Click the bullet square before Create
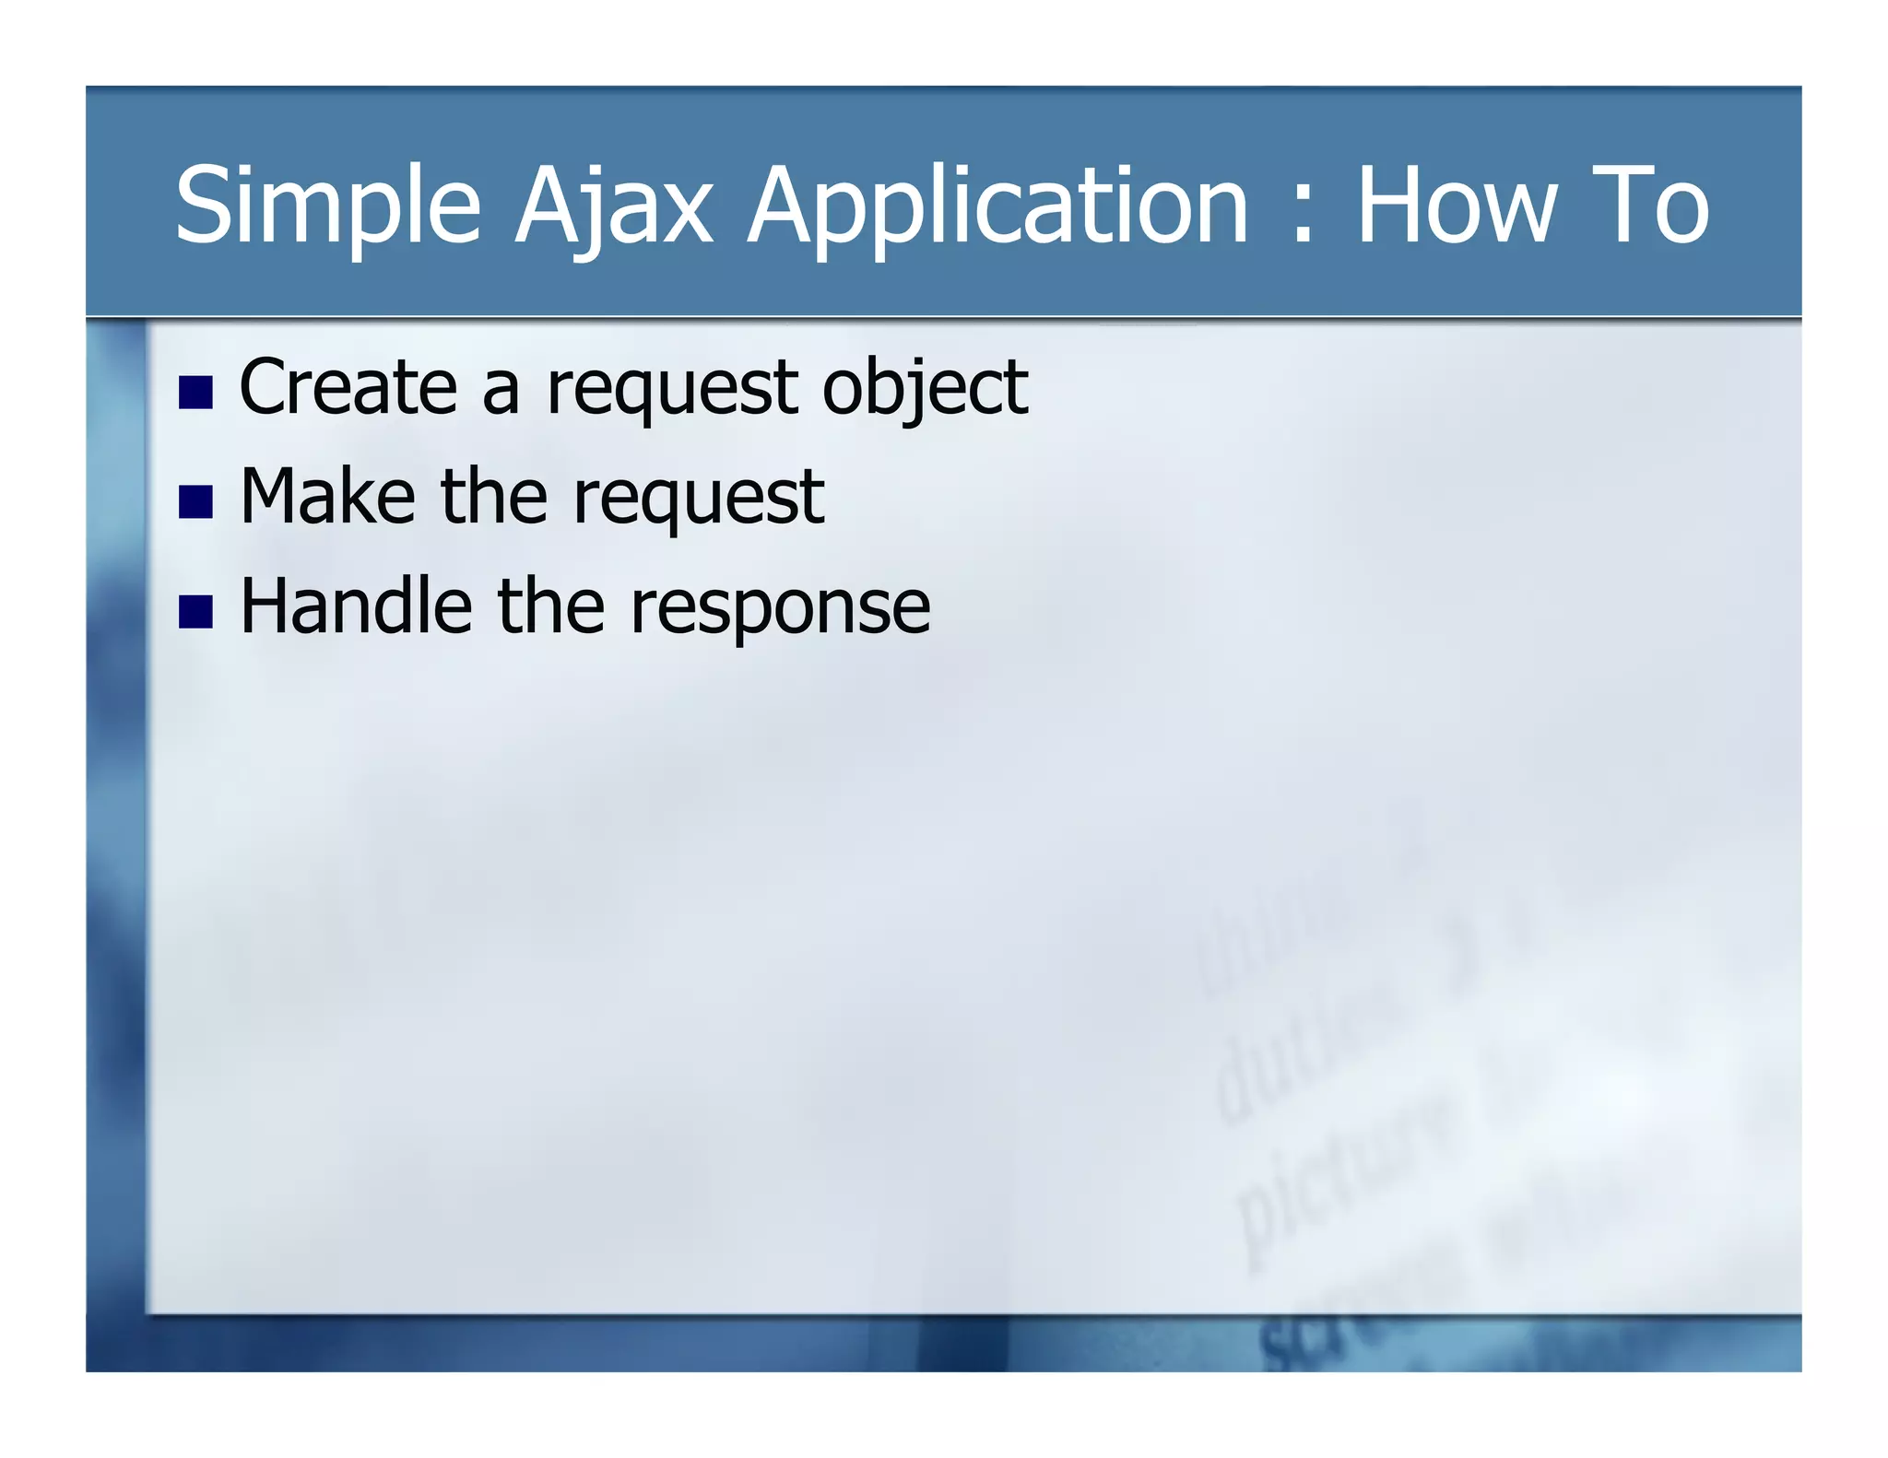(x=195, y=392)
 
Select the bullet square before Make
(x=195, y=502)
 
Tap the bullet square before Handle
(x=195, y=612)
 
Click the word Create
(x=348, y=387)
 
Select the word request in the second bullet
(x=698, y=500)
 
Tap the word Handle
(x=356, y=606)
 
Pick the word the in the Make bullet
(x=495, y=498)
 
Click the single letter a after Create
(x=501, y=391)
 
